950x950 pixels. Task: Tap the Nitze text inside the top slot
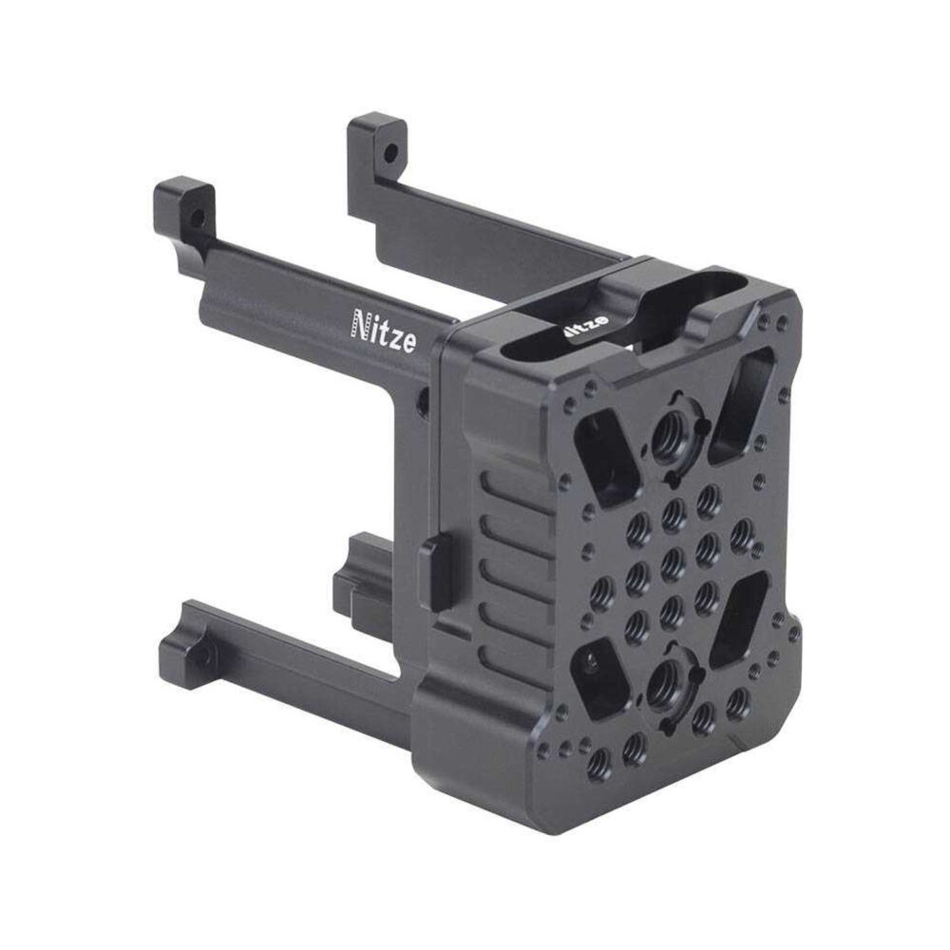point(584,327)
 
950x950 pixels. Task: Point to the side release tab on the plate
point(436,571)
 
